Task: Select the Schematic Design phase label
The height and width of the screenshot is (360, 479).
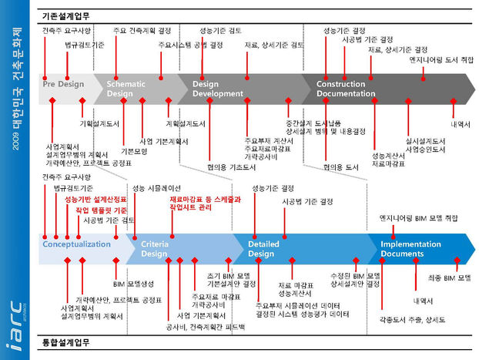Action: click(x=125, y=89)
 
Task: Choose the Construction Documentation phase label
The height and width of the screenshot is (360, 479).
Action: click(x=346, y=89)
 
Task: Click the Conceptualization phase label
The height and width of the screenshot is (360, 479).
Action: click(x=76, y=244)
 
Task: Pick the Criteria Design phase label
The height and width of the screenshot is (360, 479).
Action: click(x=153, y=248)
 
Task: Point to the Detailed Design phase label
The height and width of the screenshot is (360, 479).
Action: click(x=263, y=248)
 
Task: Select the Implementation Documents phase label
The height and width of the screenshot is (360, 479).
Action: click(x=412, y=248)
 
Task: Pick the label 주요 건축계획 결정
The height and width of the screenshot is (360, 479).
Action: click(x=142, y=31)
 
